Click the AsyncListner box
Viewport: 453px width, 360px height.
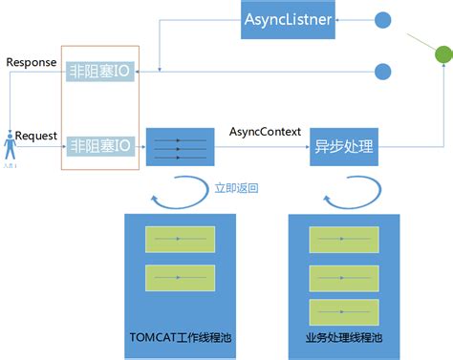coord(288,19)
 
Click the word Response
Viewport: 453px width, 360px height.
coord(31,62)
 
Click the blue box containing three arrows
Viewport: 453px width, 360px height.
coord(177,147)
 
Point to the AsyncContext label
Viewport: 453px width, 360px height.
coord(264,130)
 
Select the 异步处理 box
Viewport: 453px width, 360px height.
coord(342,148)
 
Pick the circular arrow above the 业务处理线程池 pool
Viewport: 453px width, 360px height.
coord(341,199)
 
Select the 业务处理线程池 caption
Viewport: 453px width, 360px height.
coord(341,337)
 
